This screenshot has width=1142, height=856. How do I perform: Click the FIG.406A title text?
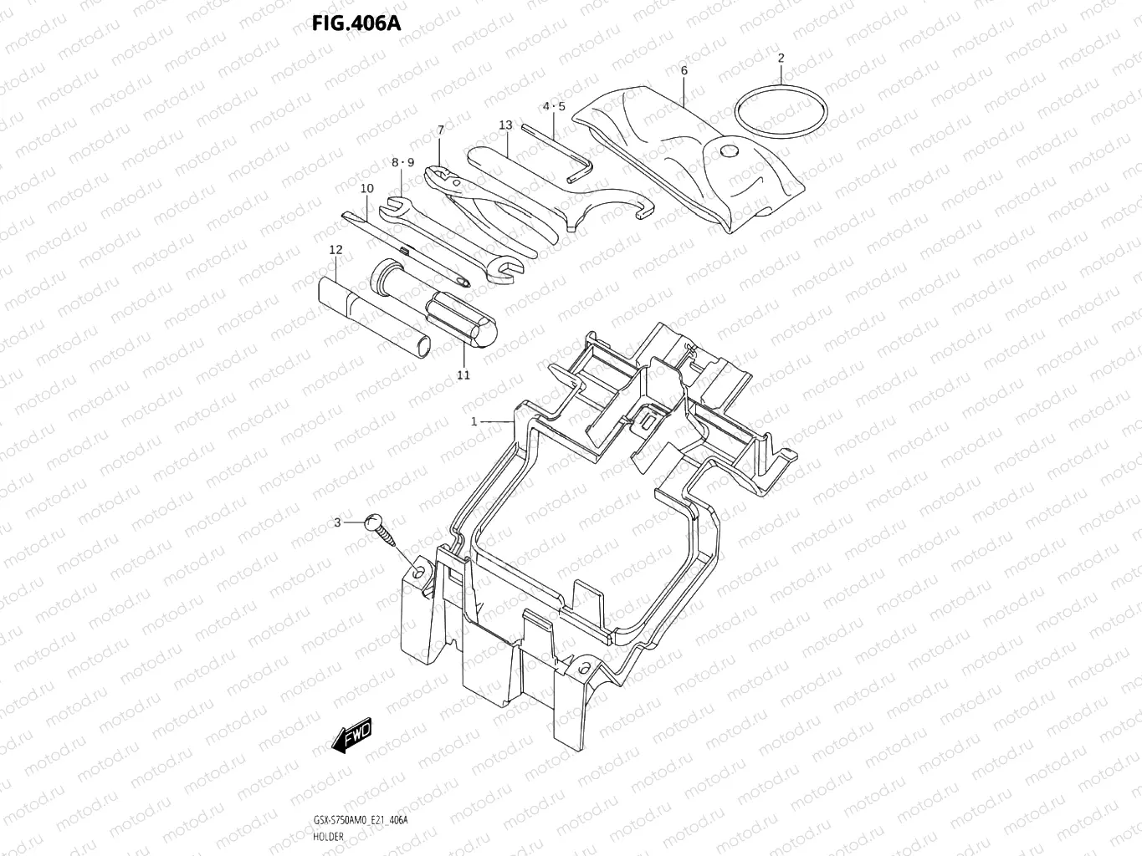[356, 23]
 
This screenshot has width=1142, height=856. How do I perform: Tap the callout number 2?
[781, 58]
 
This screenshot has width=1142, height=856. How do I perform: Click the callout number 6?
[684, 71]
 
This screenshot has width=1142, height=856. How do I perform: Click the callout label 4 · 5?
[553, 106]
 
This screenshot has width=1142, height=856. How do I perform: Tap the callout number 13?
[505, 125]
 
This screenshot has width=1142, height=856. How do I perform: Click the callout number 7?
[440, 130]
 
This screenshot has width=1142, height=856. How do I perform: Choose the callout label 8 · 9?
[402, 162]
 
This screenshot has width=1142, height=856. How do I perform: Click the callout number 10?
[367, 188]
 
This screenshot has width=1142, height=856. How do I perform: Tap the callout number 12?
[335, 249]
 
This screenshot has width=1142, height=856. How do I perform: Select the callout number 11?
[463, 374]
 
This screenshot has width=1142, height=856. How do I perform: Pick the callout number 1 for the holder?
[474, 421]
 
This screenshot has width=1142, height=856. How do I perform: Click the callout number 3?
[337, 522]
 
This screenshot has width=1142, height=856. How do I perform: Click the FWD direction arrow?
[351, 735]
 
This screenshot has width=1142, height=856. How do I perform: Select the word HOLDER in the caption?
[329, 836]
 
